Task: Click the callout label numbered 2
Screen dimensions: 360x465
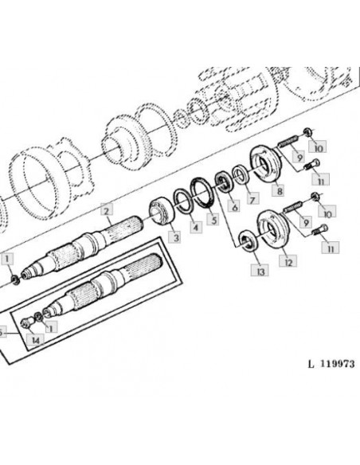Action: coord(107,210)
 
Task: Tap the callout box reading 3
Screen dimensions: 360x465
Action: coord(176,237)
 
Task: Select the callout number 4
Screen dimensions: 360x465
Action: coord(196,227)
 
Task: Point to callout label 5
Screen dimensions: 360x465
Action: coord(213,220)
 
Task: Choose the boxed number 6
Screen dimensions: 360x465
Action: coord(234,206)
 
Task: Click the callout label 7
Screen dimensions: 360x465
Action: coord(252,199)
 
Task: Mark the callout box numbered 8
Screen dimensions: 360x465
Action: coord(279,190)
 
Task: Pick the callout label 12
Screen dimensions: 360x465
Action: coord(288,261)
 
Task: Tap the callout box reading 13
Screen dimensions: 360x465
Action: coord(260,271)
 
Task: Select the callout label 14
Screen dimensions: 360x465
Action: coord(35,340)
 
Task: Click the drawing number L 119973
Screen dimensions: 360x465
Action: coord(331,364)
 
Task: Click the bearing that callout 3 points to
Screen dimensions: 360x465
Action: coord(162,212)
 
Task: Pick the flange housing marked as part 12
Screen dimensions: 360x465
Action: coord(274,229)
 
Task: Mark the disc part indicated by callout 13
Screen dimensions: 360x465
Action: coord(248,241)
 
